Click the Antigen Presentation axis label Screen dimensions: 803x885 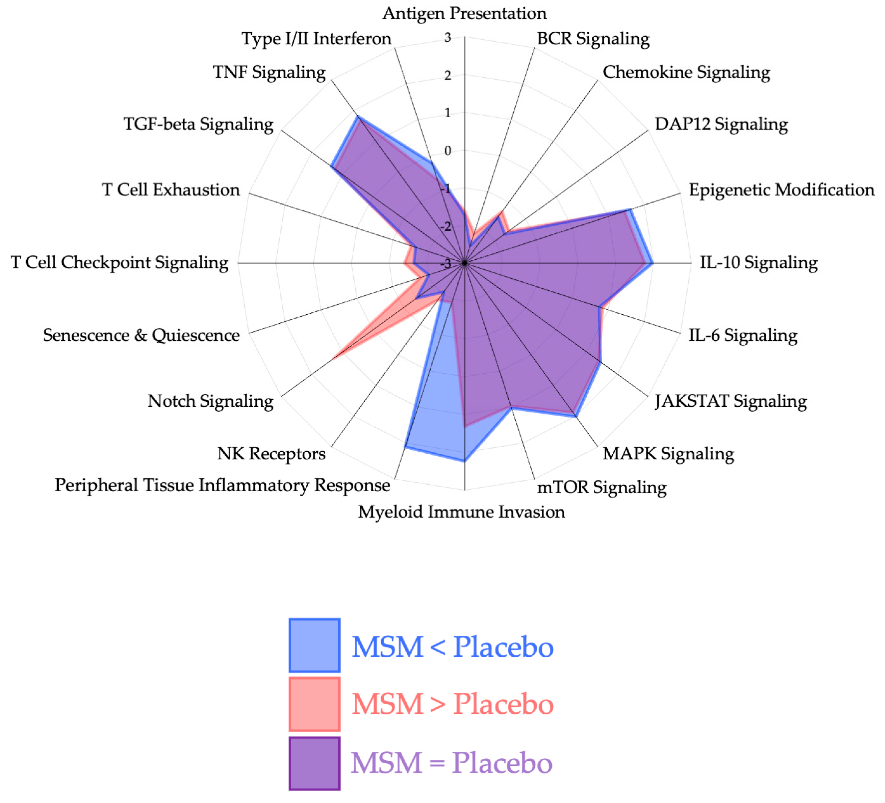point(465,13)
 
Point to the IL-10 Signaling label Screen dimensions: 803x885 point(758,263)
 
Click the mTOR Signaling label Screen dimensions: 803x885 point(602,487)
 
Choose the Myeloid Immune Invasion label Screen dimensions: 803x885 point(461,512)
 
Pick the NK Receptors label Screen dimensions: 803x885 point(271,454)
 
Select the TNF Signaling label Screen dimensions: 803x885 point(269,72)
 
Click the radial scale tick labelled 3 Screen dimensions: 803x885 point(448,38)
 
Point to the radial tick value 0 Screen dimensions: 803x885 point(448,151)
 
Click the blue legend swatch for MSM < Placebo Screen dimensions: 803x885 point(314,645)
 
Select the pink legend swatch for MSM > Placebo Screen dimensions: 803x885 point(314,704)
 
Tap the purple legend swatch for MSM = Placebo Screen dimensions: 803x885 point(314,764)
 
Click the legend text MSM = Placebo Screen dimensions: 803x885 point(451,764)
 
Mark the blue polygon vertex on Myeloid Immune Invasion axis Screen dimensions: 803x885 point(465,461)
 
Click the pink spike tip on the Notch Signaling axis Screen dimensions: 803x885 point(334,359)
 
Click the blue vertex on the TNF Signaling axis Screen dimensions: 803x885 point(358,117)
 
